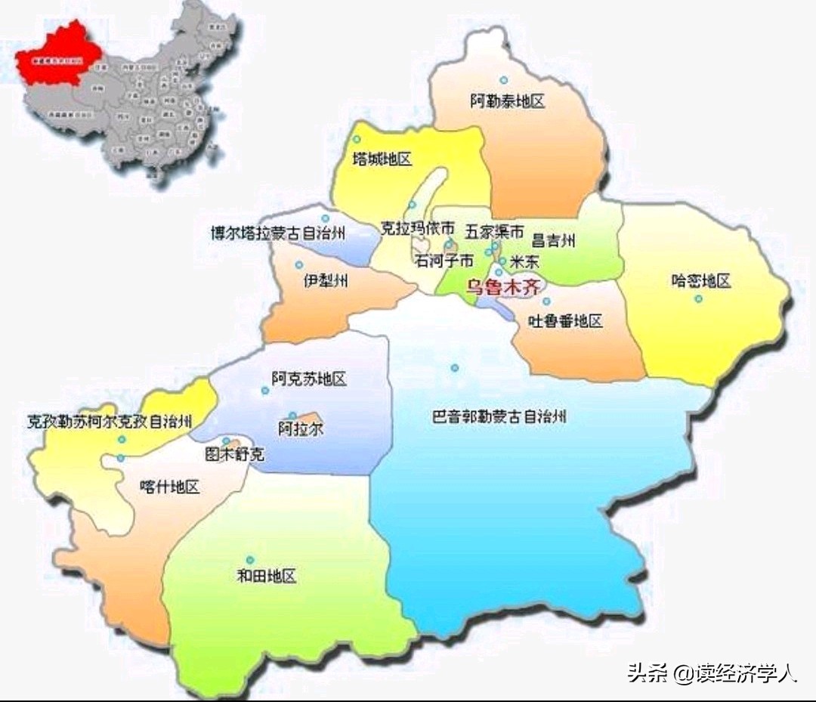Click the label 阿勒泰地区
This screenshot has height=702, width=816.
[507, 101]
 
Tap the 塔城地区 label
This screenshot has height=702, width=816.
[382, 159]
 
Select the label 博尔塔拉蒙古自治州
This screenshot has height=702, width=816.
[278, 233]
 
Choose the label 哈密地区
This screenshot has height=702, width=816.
[701, 281]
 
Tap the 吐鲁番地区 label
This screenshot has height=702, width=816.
[565, 321]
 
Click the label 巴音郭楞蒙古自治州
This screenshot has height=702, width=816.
[499, 416]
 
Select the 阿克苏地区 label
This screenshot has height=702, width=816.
[309, 379]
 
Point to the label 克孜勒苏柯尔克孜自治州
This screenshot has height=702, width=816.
[110, 422]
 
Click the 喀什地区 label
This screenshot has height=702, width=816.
[170, 487]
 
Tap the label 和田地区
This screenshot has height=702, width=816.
[267, 577]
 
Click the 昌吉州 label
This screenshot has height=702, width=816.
[554, 241]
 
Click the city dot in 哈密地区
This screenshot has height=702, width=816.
[698, 298]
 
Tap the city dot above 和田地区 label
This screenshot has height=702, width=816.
[250, 560]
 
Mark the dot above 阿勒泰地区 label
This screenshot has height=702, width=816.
[503, 80]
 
